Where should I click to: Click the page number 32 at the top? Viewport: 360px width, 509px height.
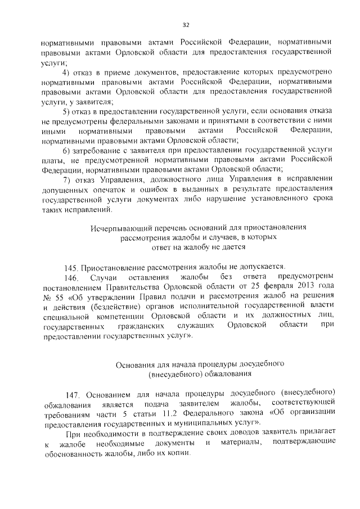[x=185, y=25]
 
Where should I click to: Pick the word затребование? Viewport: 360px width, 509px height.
[x=98, y=151]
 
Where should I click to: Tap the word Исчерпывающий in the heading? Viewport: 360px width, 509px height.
[x=118, y=227]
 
